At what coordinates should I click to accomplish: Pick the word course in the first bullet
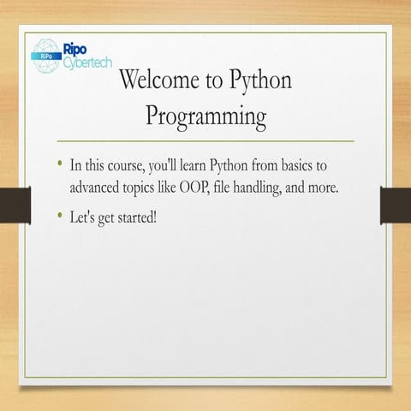[125, 164]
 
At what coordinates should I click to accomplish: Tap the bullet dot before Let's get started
[60, 216]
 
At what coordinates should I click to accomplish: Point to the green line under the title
[205, 140]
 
